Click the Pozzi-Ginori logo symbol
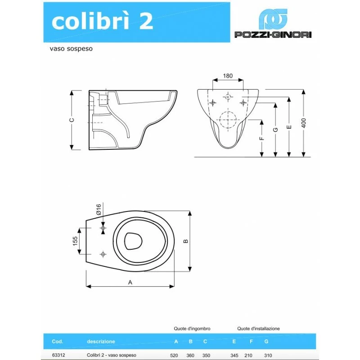[273, 19]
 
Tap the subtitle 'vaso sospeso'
[71, 49]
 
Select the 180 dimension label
[228, 76]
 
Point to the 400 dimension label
[303, 123]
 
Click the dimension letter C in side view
[72, 120]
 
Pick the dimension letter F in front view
[262, 138]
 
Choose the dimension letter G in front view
[275, 130]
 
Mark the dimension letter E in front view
[289, 127]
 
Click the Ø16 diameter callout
[99, 209]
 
